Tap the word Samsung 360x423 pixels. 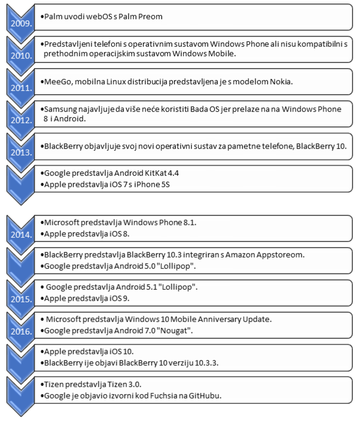62,109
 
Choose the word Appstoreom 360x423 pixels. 278,255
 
